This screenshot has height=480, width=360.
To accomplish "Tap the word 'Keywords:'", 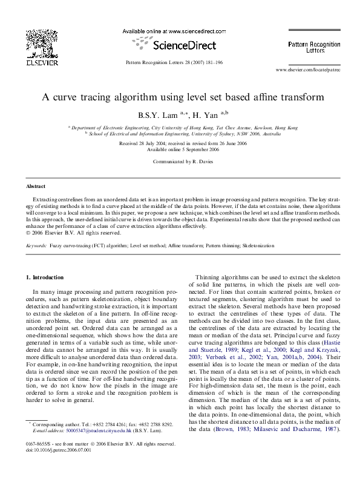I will click(x=37, y=246).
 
